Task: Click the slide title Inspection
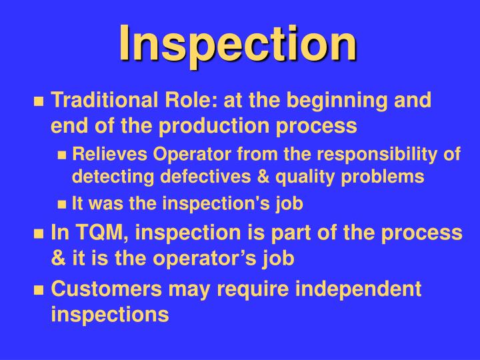[x=238, y=43]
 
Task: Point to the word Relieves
[x=109, y=155]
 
